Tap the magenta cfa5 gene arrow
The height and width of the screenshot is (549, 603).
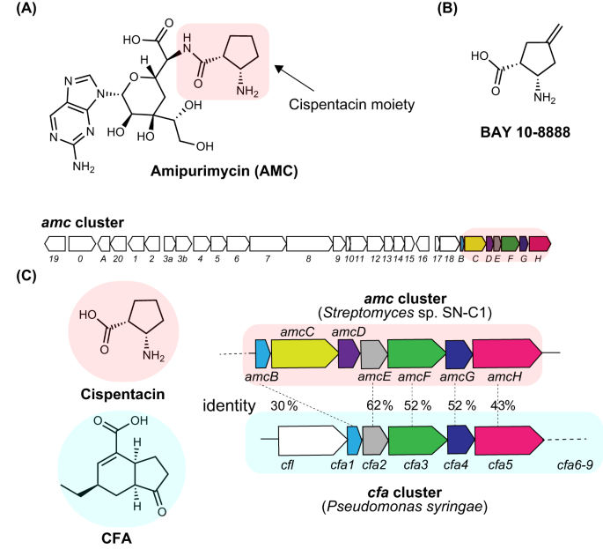point(509,438)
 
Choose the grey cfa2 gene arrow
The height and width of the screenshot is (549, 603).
point(374,438)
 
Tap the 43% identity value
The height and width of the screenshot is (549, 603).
point(505,406)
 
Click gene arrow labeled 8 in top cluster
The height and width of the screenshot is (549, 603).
point(307,242)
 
